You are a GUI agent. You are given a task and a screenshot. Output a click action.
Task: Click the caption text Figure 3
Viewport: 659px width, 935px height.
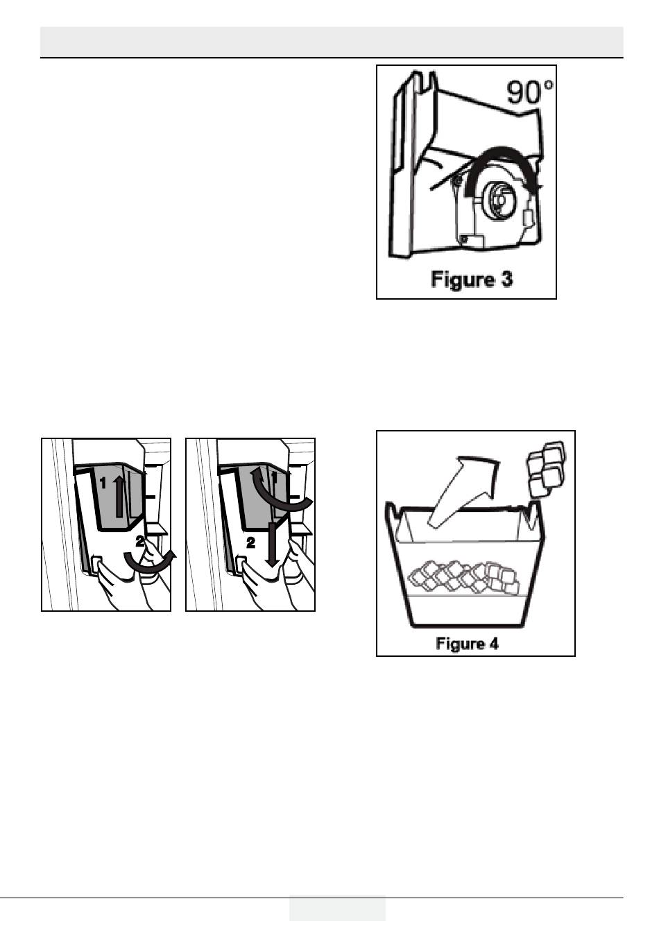coord(472,280)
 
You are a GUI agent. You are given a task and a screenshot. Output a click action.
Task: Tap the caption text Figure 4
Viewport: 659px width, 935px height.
coord(468,644)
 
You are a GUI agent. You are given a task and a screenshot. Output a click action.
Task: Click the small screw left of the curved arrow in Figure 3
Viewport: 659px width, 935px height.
coord(457,182)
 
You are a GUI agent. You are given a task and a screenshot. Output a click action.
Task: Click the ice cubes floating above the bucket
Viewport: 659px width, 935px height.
coord(546,468)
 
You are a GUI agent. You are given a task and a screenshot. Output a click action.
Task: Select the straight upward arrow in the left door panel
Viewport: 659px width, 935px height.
coord(119,496)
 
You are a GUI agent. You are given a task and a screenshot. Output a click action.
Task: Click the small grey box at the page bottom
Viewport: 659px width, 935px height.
coord(337,908)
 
